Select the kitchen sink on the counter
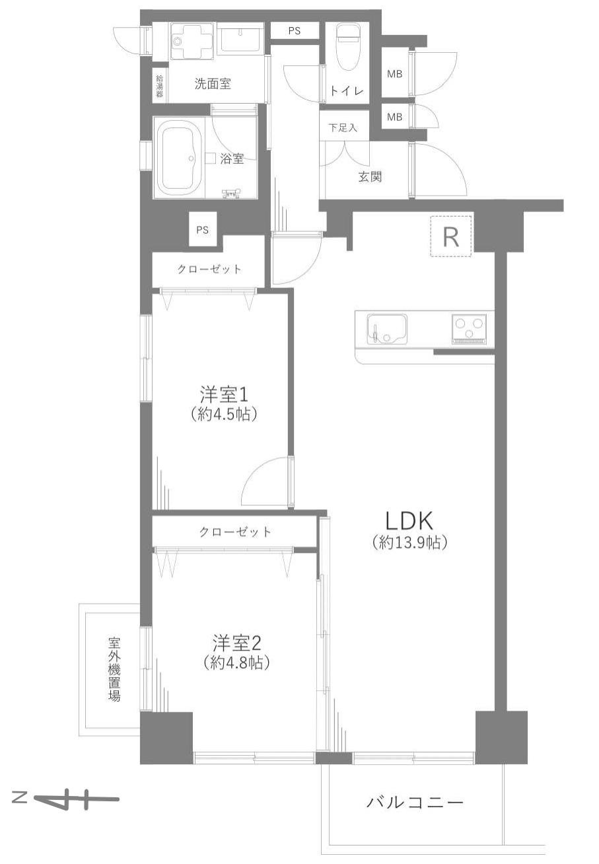point(386,329)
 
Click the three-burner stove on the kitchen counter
point(470,328)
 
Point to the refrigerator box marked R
point(451,236)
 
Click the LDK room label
point(409,522)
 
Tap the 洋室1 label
point(224,395)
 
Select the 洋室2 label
point(237,642)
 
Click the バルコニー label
point(415,803)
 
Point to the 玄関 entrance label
point(370,177)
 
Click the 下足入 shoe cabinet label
point(343,127)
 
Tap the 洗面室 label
point(212,85)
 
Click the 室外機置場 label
point(114,668)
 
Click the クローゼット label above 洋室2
point(234,532)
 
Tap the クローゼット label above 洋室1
point(209,270)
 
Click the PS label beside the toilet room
point(295,31)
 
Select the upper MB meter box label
point(394,75)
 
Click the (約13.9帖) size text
point(410,543)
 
